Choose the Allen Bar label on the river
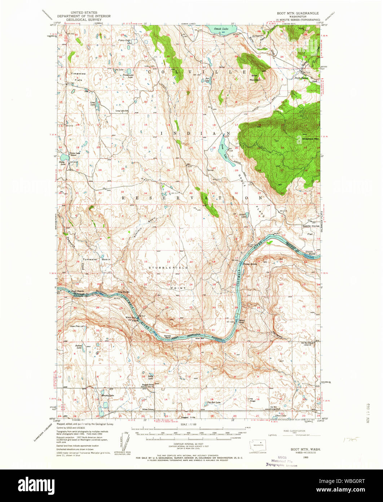click(x=200, y=338)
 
